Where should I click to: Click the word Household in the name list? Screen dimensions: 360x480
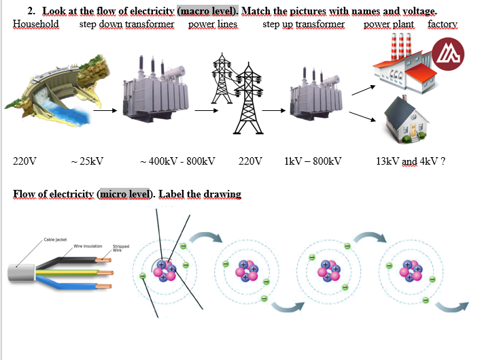pyautogui.click(x=35, y=24)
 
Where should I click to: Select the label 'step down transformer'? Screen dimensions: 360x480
pyautogui.click(x=126, y=24)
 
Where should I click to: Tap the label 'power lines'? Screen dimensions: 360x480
pyautogui.click(x=212, y=24)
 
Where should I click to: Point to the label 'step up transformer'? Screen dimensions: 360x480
pyautogui.click(x=303, y=24)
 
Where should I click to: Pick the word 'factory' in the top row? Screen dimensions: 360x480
pyautogui.click(x=443, y=24)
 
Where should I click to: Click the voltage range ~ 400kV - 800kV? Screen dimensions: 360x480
pyautogui.click(x=177, y=161)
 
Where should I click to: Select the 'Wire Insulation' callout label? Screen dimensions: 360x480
pyautogui.click(x=88, y=246)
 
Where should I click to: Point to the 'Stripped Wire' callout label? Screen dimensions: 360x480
pyautogui.click(x=121, y=248)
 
